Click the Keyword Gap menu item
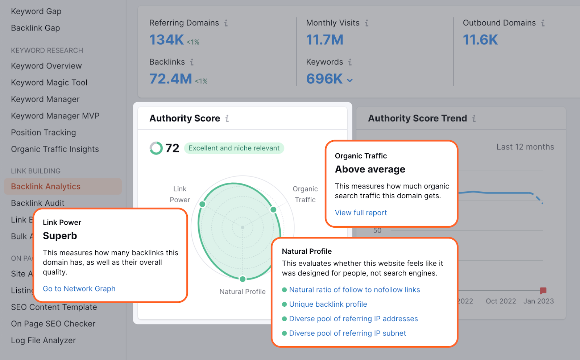click(x=36, y=11)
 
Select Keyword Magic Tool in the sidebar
click(x=49, y=83)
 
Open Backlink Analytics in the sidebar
click(x=46, y=186)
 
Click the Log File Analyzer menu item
click(x=43, y=340)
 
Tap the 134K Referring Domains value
click(x=167, y=40)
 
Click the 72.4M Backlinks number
click(x=171, y=79)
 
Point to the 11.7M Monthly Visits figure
click(x=324, y=40)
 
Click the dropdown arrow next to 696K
click(x=350, y=80)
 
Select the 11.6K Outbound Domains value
click(x=480, y=40)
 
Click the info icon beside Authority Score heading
click(x=227, y=119)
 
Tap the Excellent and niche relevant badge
click(x=234, y=148)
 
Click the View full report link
click(x=361, y=213)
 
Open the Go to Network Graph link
click(x=79, y=289)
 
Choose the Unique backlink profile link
click(x=328, y=304)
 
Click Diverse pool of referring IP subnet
click(x=347, y=333)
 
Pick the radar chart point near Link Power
click(x=203, y=204)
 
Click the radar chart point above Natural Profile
click(x=243, y=279)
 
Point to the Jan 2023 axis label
click(x=538, y=301)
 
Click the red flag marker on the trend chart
click(x=543, y=290)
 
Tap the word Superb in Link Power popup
click(x=60, y=236)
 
